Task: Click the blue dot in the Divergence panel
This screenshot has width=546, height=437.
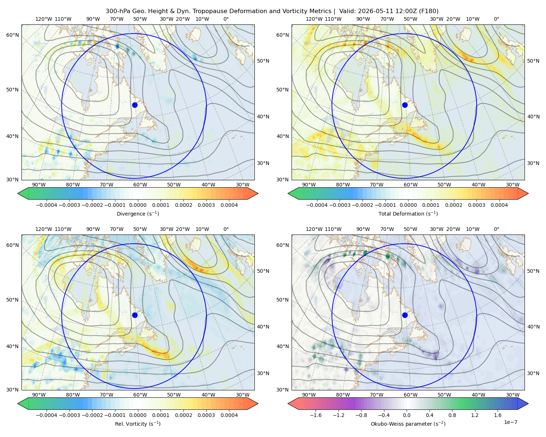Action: [x=135, y=105]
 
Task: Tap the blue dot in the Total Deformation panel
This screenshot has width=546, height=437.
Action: [x=405, y=105]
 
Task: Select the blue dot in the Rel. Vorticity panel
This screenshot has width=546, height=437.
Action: [x=135, y=315]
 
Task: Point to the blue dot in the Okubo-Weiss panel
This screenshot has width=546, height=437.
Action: [x=405, y=315]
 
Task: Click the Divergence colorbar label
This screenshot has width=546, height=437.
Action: [x=138, y=213]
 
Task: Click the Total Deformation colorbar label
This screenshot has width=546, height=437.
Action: [x=408, y=213]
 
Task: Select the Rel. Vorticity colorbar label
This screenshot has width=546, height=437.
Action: [x=138, y=424]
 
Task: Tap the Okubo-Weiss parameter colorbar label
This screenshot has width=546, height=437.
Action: [x=408, y=424]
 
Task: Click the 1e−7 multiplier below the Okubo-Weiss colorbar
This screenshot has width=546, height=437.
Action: [x=510, y=422]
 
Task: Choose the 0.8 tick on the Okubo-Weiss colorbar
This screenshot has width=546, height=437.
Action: [x=452, y=415]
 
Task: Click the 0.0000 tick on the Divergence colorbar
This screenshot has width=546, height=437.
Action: [x=138, y=205]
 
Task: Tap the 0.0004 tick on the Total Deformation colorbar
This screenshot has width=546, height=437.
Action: [x=499, y=205]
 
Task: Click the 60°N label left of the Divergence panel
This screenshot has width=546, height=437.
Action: [x=12, y=35]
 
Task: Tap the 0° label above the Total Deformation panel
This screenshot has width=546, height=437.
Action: [x=496, y=19]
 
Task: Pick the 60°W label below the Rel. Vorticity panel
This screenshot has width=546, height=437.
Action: [x=140, y=395]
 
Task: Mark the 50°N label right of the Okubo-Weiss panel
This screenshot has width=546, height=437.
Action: [x=533, y=271]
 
